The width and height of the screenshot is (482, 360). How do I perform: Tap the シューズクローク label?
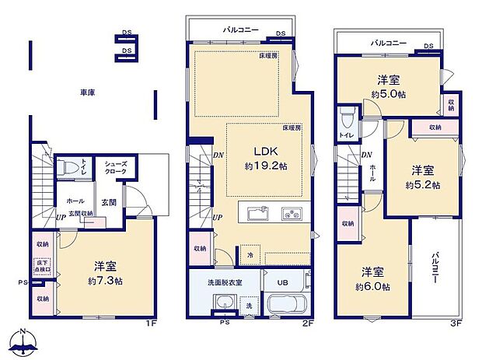coord(106,166)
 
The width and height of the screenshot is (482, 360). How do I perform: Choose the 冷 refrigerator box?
coord(250,254)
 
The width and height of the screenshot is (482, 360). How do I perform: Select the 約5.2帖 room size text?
coord(423,185)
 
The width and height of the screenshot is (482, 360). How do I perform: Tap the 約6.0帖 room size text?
coord(374,286)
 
